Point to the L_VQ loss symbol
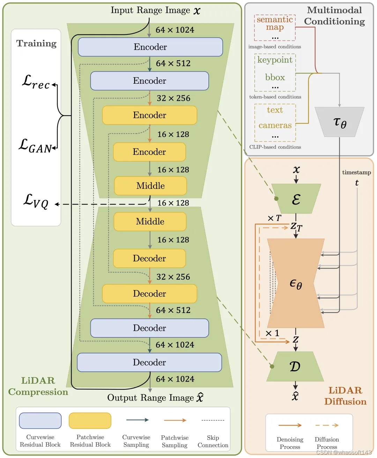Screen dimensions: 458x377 36,201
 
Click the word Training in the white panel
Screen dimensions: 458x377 36,44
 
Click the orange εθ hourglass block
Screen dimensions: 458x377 296,283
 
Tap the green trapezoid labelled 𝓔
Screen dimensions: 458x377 296,199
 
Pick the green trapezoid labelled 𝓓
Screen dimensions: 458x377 295,366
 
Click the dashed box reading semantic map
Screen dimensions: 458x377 275,28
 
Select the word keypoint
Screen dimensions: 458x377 275,60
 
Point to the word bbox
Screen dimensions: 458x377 275,77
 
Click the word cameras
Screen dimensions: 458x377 275,125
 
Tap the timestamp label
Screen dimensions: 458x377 356,173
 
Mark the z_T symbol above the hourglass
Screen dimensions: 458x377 296,227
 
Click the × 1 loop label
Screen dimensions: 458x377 272,334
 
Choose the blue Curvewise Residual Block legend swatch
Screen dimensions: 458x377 40,421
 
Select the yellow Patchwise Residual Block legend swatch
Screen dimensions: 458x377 90,421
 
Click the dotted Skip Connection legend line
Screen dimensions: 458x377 213,420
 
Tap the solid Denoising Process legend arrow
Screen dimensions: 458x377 290,425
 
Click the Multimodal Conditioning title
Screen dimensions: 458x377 334,16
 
